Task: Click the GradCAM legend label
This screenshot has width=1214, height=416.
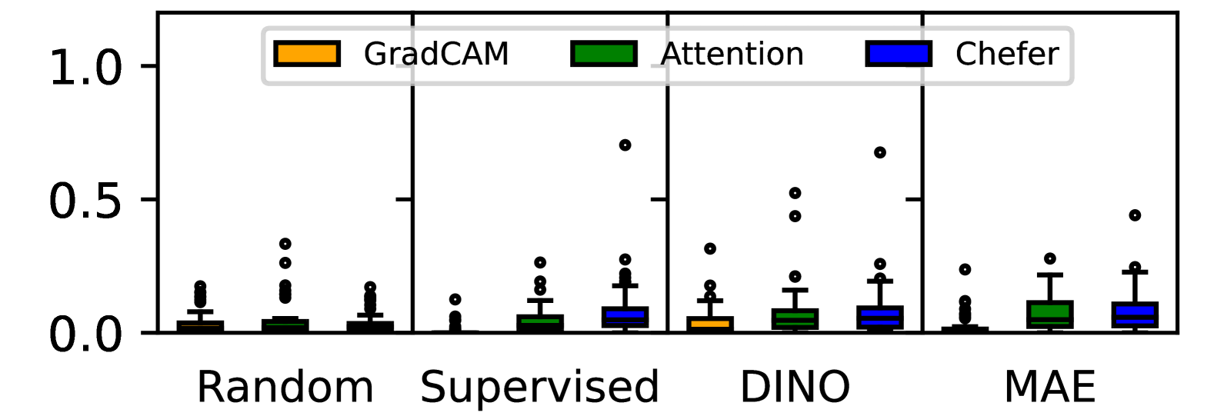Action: [x=436, y=55]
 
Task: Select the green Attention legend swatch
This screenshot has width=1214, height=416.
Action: [x=603, y=55]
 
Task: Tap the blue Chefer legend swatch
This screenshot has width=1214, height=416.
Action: [x=899, y=55]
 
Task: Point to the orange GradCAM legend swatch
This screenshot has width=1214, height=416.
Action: [x=307, y=55]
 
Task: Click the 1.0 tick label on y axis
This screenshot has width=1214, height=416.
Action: [x=85, y=68]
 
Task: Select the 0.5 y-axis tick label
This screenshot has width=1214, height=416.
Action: [x=85, y=201]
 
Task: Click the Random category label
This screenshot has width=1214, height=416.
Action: [x=285, y=387]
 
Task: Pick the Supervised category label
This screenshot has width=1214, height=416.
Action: [x=539, y=387]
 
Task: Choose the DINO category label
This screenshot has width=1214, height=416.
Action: [x=795, y=387]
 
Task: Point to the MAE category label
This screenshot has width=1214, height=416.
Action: [x=1049, y=387]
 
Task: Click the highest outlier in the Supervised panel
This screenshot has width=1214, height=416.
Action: [x=625, y=145]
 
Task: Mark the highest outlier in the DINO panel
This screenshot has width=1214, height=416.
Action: [x=880, y=152]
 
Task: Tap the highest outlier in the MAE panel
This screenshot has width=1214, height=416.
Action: [x=1135, y=215]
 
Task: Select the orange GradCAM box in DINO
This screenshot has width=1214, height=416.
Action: [x=710, y=323]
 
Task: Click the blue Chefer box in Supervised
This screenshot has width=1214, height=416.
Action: [x=625, y=317]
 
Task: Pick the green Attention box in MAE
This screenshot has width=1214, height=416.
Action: [x=1049, y=314]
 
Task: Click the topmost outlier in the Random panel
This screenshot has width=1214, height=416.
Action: [x=285, y=244]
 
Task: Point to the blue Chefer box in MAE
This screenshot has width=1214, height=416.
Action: [x=1135, y=314]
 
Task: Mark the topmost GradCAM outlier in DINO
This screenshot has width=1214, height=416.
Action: [x=710, y=248]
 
